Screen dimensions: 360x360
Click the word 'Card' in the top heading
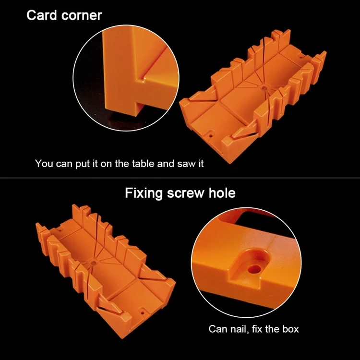pyautogui.click(x=42, y=15)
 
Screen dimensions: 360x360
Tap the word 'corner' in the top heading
pyautogui.click(x=82, y=16)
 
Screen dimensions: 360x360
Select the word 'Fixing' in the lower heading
pyautogui.click(x=144, y=193)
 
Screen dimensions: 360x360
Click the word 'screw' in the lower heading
pyautogui.click(x=185, y=193)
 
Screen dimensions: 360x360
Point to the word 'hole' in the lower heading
pyautogui.click(x=222, y=193)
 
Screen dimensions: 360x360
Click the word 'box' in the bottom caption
pyautogui.click(x=291, y=329)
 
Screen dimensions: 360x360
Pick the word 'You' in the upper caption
pyautogui.click(x=44, y=164)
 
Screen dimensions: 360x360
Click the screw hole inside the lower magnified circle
pyautogui.click(x=255, y=269)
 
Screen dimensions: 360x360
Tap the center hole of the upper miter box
pyautogui.click(x=264, y=87)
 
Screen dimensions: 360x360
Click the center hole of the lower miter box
pyautogui.click(x=93, y=262)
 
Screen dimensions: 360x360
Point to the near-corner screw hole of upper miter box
pyautogui.click(x=211, y=136)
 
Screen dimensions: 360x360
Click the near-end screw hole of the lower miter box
pyautogui.click(x=142, y=312)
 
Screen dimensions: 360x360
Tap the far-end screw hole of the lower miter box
pyautogui.click(x=61, y=229)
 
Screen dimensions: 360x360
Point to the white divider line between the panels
pyautogui.click(x=180, y=178)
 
